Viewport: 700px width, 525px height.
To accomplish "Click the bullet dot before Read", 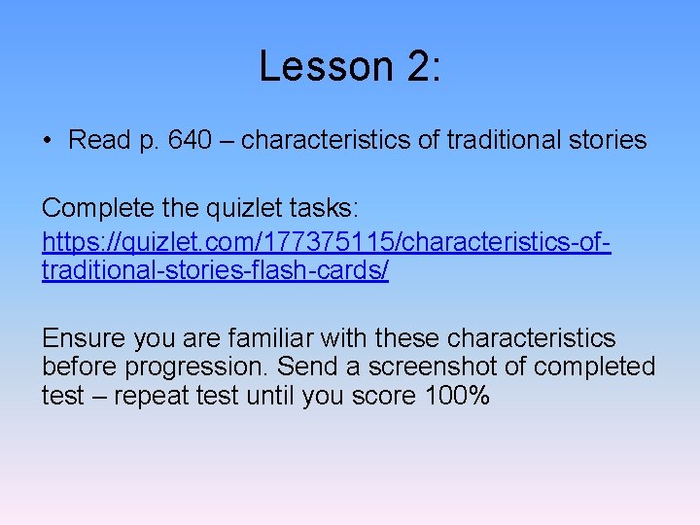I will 48,141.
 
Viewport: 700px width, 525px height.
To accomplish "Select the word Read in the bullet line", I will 99,140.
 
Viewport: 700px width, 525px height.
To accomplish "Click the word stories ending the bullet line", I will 607,140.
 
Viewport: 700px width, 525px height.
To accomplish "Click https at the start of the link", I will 71,239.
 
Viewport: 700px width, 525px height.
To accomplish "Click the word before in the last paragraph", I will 78,367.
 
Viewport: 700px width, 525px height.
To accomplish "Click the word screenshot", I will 423,367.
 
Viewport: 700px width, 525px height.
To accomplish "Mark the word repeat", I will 140,396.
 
